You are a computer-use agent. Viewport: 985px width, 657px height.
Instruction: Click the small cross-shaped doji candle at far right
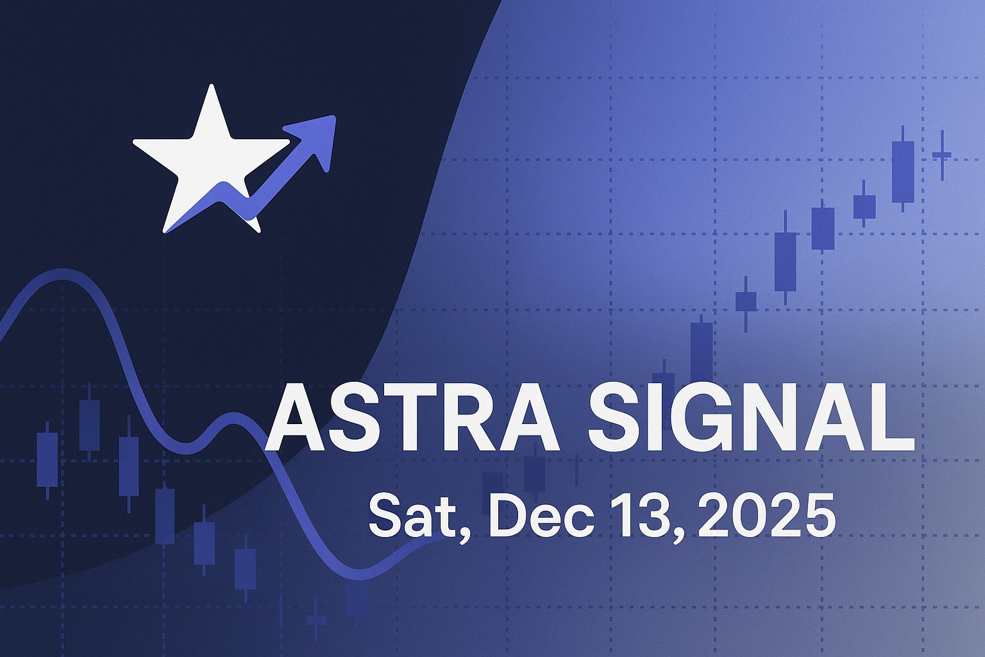click(x=942, y=155)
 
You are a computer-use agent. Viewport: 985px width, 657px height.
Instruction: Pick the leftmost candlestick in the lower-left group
click(x=47, y=459)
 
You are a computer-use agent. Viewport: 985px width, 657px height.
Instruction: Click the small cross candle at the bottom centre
click(x=316, y=620)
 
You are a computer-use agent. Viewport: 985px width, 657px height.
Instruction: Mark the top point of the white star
click(x=211, y=86)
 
